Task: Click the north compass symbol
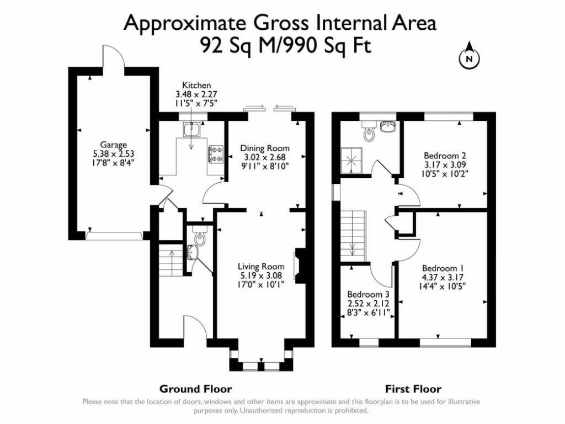tap(469, 56)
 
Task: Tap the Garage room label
tap(114, 145)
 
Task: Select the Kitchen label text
tap(196, 86)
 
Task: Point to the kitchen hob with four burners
tap(216, 154)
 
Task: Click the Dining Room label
tap(265, 148)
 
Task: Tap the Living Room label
tap(261, 267)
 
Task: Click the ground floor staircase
tap(171, 258)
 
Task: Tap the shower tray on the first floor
tap(351, 161)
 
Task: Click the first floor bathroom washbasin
tap(388, 126)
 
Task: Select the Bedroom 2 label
tap(445, 156)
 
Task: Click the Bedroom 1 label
tap(443, 268)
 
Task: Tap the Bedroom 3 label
tap(368, 294)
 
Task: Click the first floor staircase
tap(354, 234)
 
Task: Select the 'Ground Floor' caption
tap(196, 389)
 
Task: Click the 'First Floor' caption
tap(413, 389)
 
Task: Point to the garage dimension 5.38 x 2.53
tap(114, 153)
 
